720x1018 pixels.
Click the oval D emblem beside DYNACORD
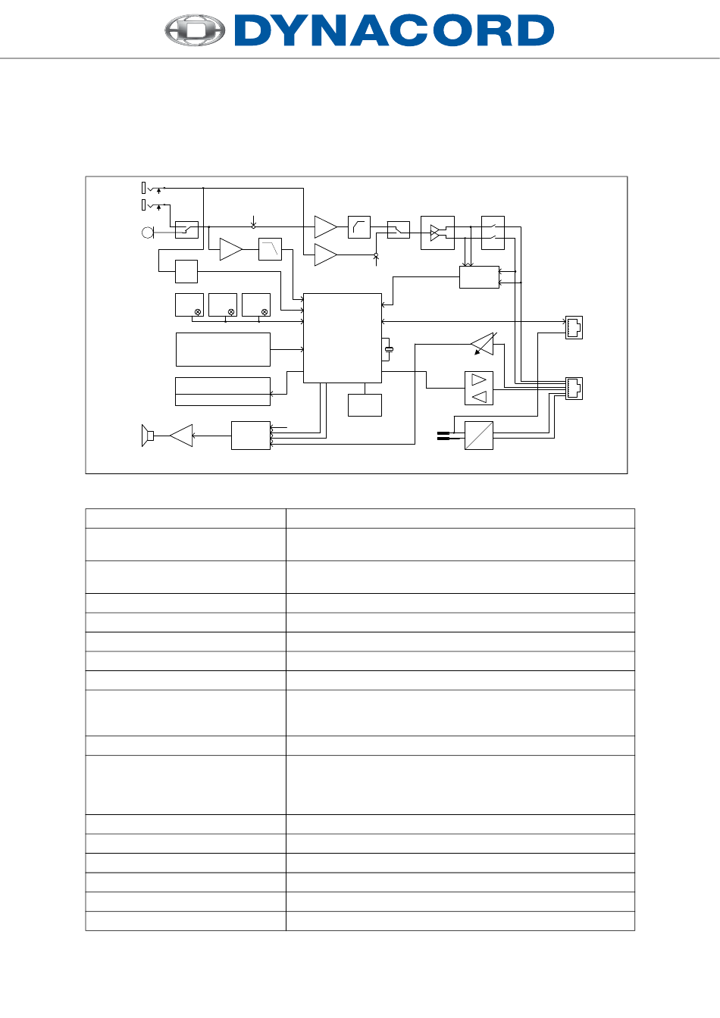click(x=196, y=31)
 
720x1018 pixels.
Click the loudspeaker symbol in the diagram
click(x=148, y=436)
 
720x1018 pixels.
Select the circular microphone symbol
click(x=148, y=232)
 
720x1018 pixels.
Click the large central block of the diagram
click(x=342, y=338)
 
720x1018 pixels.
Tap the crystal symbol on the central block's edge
click(x=389, y=348)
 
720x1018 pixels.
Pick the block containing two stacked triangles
click(x=478, y=389)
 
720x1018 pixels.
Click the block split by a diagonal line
click(x=478, y=436)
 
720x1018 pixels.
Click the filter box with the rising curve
click(x=358, y=227)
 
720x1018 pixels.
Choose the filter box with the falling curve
click(x=270, y=249)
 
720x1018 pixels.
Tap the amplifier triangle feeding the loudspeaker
click(x=182, y=436)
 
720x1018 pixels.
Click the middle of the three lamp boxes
click(x=223, y=304)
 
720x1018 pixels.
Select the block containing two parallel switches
click(x=493, y=233)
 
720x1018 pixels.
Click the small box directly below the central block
click(x=365, y=405)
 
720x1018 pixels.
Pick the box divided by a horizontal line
click(x=223, y=392)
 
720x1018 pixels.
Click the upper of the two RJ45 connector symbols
click(x=574, y=327)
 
